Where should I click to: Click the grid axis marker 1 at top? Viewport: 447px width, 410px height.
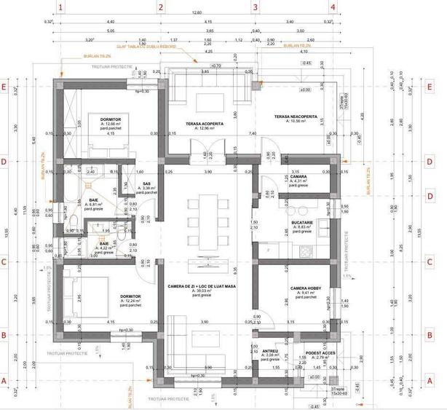61,7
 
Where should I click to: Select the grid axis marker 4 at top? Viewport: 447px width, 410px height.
333,7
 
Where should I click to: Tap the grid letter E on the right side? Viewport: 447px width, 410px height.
430,87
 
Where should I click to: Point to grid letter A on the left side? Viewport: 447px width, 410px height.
4,380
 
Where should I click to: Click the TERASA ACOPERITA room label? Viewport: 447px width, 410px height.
204,124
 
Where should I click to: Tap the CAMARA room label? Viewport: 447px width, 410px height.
298,177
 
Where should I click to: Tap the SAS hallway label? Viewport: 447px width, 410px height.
146,184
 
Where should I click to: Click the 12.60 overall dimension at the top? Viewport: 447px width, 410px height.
197,13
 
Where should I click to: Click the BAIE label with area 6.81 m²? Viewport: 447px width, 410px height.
94,200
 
